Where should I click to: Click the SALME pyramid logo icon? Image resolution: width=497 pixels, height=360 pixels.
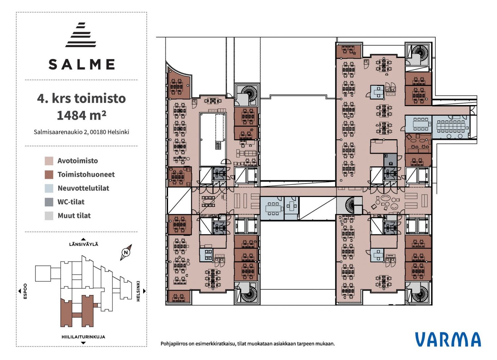tap(81, 35)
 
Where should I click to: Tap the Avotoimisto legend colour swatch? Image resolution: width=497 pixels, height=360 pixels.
tap(49, 161)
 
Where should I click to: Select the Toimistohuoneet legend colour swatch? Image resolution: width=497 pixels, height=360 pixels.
tap(49, 175)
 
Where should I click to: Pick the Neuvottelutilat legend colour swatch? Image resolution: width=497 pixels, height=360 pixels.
tap(49, 188)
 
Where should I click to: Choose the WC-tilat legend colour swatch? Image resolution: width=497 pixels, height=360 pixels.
tap(49, 202)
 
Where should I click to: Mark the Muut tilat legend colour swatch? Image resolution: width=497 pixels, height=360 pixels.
tap(49, 216)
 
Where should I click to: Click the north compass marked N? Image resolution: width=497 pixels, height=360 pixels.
tap(126, 252)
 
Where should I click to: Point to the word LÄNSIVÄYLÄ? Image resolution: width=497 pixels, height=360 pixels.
tap(83, 244)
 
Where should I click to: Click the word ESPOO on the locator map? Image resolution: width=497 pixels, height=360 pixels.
tap(25, 291)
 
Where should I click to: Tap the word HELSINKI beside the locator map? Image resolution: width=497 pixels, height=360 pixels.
tap(138, 291)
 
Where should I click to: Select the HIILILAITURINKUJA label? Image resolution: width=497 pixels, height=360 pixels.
tap(83, 337)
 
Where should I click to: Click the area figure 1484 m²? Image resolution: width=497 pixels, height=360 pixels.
tap(82, 115)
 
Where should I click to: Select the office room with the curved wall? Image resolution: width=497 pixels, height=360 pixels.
tap(179, 83)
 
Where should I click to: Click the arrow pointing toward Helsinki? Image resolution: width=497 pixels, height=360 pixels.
tap(144, 291)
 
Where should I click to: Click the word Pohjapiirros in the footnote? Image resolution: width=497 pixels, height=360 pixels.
tap(174, 344)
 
